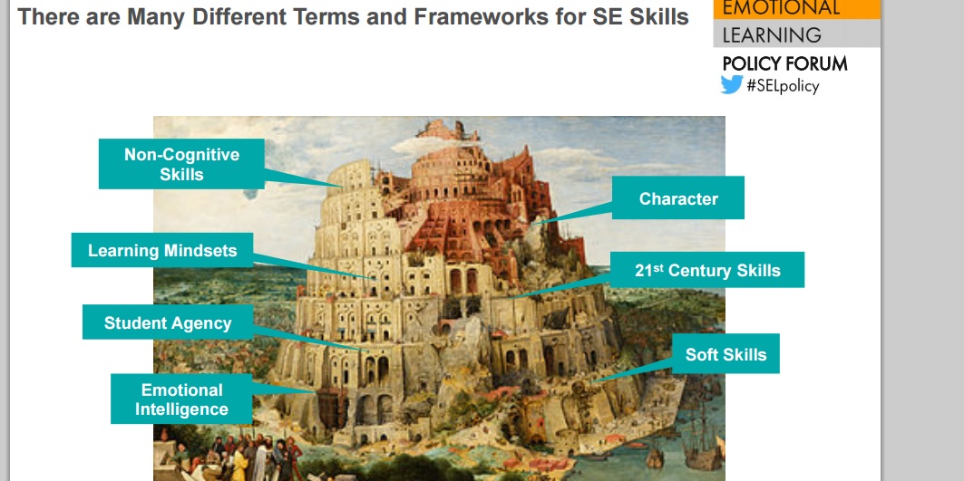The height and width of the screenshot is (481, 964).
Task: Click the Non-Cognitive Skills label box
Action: [x=182, y=164]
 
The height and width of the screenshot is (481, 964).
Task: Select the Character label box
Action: [x=678, y=197]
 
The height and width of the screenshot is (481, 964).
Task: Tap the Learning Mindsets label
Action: [x=162, y=250]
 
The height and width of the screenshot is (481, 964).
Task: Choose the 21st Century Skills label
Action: [x=707, y=270]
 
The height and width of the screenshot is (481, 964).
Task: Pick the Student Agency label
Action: [x=168, y=322]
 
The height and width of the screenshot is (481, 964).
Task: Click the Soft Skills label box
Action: [x=726, y=354]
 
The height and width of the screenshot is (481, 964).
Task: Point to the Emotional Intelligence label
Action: [x=181, y=399]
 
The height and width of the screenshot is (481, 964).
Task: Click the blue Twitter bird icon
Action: [x=732, y=85]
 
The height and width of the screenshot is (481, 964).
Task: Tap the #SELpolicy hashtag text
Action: [x=783, y=85]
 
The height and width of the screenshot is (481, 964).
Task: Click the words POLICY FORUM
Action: [x=785, y=63]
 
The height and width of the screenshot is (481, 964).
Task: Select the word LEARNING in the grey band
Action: [x=772, y=35]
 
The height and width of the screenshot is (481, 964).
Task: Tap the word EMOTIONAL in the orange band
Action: [x=781, y=7]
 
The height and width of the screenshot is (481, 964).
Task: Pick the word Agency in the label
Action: [x=201, y=323]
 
